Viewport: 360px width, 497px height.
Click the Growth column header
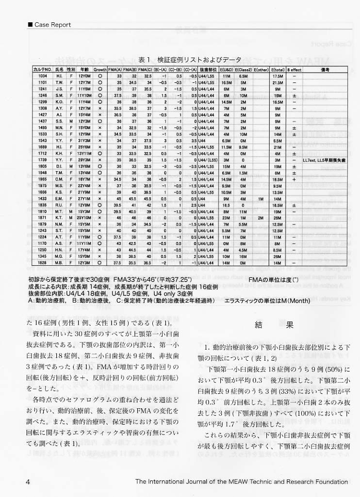coord(99,70)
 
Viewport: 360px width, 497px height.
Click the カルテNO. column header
coord(43,70)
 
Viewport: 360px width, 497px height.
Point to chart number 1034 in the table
coord(43,76)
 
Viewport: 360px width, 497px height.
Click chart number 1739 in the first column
coord(43,159)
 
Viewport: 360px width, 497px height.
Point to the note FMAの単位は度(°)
coord(268,280)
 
